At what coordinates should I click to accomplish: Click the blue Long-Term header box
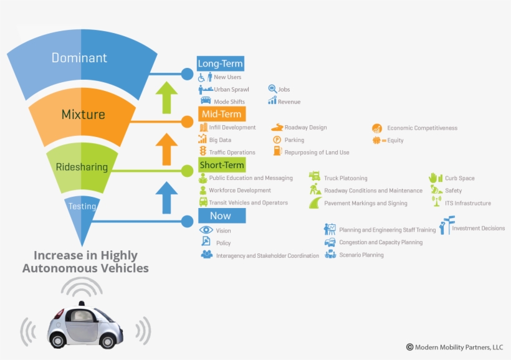tap(220, 64)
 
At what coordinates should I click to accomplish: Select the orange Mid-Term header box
tap(221, 114)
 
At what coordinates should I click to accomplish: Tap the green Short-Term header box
tap(221, 165)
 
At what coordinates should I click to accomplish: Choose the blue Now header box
tap(221, 216)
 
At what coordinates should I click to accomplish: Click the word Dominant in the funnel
tap(79, 58)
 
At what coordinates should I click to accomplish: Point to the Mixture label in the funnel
tap(83, 114)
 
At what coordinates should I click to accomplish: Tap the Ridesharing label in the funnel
tap(82, 167)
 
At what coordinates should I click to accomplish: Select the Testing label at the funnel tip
tap(82, 206)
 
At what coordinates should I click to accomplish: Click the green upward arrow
tap(166, 97)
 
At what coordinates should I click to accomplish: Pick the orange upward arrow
tap(166, 148)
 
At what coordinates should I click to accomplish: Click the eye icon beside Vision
tap(206, 230)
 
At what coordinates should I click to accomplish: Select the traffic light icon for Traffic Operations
tap(203, 151)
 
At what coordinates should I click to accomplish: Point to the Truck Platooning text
tap(345, 178)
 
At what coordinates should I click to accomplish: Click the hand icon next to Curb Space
tap(435, 178)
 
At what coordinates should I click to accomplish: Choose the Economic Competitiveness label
tap(422, 128)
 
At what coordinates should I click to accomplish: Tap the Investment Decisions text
tap(478, 228)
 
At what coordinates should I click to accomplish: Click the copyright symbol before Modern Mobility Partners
tap(409, 347)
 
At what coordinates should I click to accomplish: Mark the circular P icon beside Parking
tap(277, 140)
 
